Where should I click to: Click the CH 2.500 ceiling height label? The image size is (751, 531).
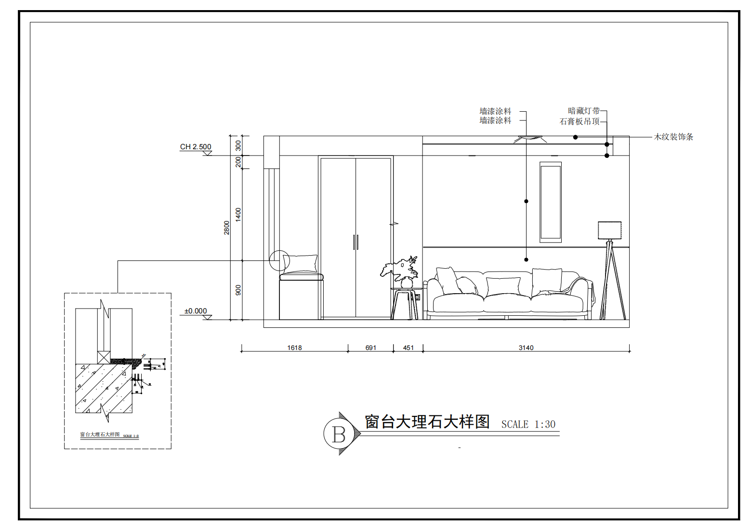pyautogui.click(x=196, y=147)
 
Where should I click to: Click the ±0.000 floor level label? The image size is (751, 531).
pyautogui.click(x=196, y=311)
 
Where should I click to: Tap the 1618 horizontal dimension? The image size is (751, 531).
pyautogui.click(x=294, y=348)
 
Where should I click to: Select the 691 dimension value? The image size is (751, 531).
pyautogui.click(x=370, y=348)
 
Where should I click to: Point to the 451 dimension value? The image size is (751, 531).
pyautogui.click(x=408, y=348)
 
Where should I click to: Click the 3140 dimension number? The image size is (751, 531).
pyautogui.click(x=526, y=348)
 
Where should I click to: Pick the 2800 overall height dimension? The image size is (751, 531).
pyautogui.click(x=227, y=228)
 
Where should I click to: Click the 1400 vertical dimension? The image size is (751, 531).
pyautogui.click(x=238, y=215)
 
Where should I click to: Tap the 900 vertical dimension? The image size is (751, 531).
pyautogui.click(x=238, y=290)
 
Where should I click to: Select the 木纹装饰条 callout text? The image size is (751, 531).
pyautogui.click(x=673, y=137)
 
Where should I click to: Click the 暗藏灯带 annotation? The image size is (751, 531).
pyautogui.click(x=584, y=111)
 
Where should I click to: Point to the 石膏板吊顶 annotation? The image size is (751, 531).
pyautogui.click(x=580, y=121)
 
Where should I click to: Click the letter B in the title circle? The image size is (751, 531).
pyautogui.click(x=339, y=434)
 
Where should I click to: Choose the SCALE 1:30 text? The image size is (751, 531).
pyautogui.click(x=528, y=425)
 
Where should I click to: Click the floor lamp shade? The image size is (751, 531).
pyautogui.click(x=609, y=230)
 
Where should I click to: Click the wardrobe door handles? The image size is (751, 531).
pyautogui.click(x=356, y=242)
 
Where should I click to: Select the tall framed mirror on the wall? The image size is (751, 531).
pyautogui.click(x=550, y=202)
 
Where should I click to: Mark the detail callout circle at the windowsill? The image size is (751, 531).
pyautogui.click(x=279, y=260)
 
